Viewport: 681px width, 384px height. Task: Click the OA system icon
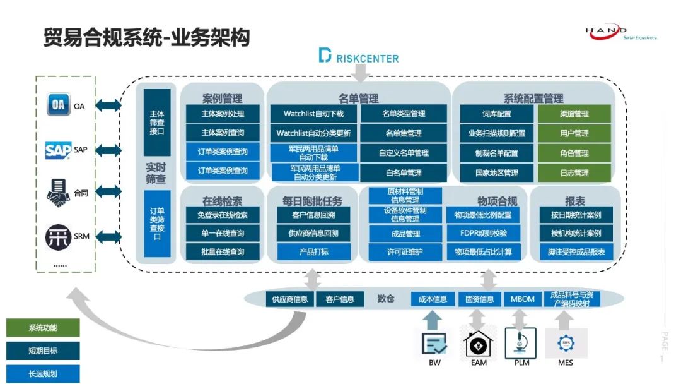(x=58, y=105)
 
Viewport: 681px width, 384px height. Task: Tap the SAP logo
(x=58, y=150)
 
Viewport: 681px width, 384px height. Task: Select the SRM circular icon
(x=58, y=237)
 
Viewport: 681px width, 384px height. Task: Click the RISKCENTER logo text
(x=359, y=57)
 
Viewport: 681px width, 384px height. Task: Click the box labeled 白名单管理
(x=404, y=172)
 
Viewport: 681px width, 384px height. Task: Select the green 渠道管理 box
(x=574, y=114)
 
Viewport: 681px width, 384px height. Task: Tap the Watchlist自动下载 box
(x=313, y=114)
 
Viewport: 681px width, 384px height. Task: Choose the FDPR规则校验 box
(x=483, y=233)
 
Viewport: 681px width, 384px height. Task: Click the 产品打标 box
(x=313, y=252)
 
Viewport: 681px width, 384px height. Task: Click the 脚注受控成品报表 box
(x=575, y=252)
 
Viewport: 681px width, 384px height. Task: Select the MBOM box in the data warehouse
(x=522, y=299)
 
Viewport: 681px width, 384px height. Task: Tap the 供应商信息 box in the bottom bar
(x=290, y=299)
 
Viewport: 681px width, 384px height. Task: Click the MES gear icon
(x=566, y=343)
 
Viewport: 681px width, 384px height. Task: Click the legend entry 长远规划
(x=43, y=373)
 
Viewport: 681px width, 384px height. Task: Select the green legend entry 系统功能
(x=43, y=328)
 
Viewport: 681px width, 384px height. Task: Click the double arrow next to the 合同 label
(x=108, y=193)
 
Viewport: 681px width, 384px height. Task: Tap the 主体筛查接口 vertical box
(x=157, y=123)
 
